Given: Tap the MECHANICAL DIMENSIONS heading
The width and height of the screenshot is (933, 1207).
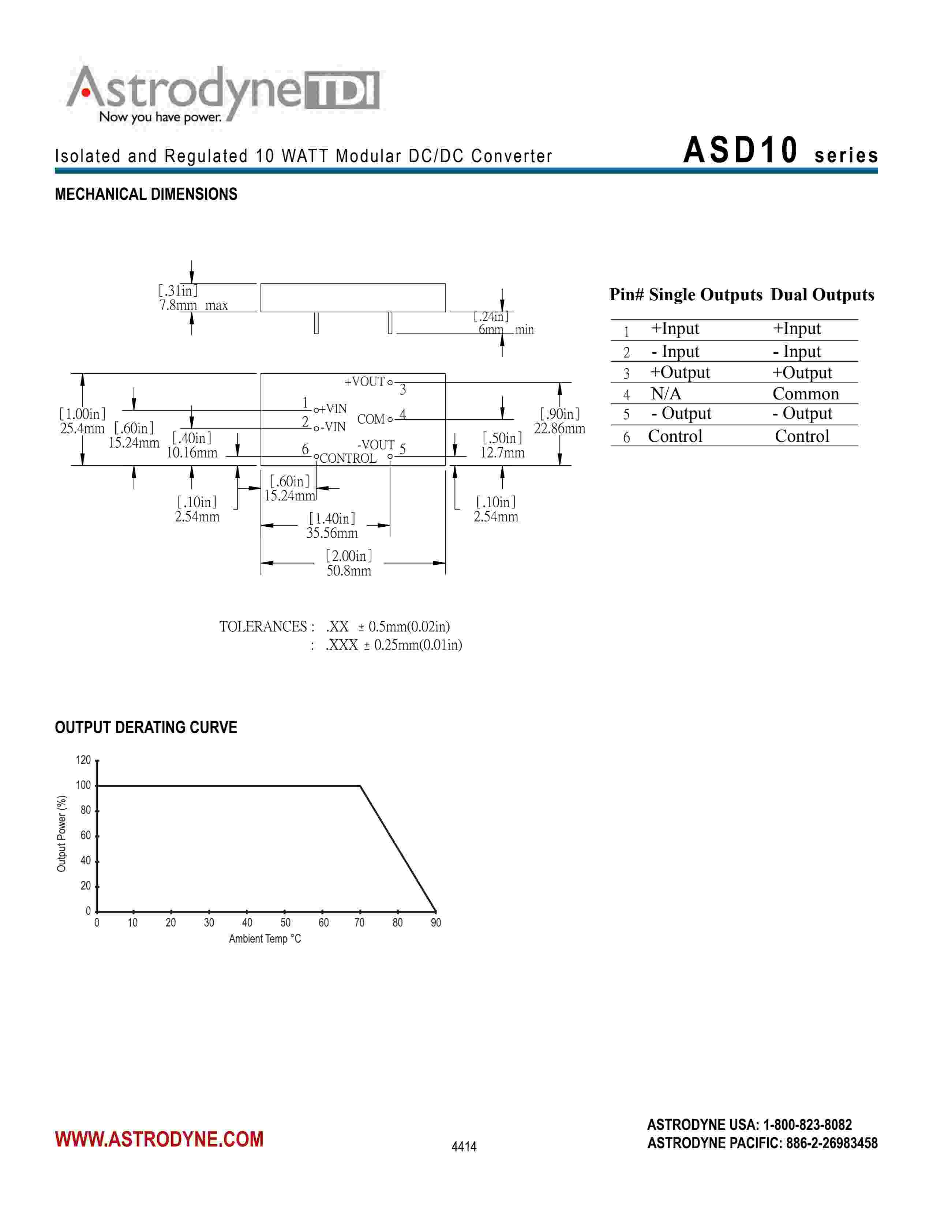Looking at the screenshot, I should tap(146, 195).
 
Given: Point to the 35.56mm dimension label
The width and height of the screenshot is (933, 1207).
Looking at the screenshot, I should tap(332, 533).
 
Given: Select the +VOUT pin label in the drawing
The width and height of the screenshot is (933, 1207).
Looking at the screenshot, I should tap(364, 382).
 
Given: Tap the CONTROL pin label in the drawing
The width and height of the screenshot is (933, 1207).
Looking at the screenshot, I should tap(348, 458).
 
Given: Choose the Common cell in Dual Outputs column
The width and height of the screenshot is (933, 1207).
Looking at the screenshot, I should tap(805, 394).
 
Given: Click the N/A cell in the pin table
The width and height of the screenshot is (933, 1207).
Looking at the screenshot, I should tap(666, 394).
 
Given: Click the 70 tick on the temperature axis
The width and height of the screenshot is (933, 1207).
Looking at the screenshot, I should tap(359, 923).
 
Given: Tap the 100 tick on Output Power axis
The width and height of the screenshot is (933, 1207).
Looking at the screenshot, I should tap(83, 785).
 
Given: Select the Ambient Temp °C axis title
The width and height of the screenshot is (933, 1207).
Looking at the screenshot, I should tap(265, 939).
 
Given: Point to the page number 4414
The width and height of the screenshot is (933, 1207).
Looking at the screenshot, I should tap(464, 1147).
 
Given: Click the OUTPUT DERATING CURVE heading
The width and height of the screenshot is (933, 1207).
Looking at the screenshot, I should tap(146, 727).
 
